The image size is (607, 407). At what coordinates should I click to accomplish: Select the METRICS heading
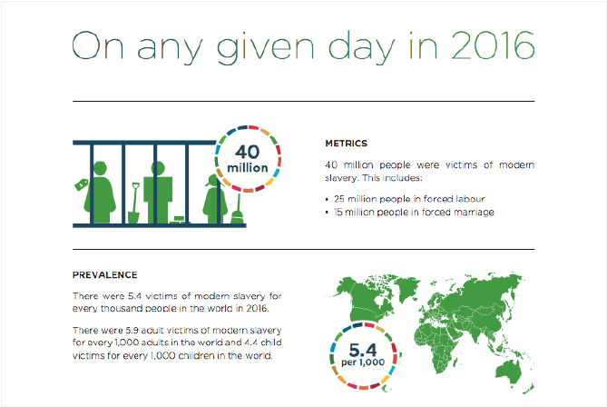(346, 143)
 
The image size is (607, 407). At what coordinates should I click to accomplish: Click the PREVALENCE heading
(105, 274)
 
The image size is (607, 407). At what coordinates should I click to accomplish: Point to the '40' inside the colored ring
(248, 152)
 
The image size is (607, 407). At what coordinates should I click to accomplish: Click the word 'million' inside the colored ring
(248, 168)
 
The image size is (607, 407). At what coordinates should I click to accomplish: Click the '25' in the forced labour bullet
(340, 198)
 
